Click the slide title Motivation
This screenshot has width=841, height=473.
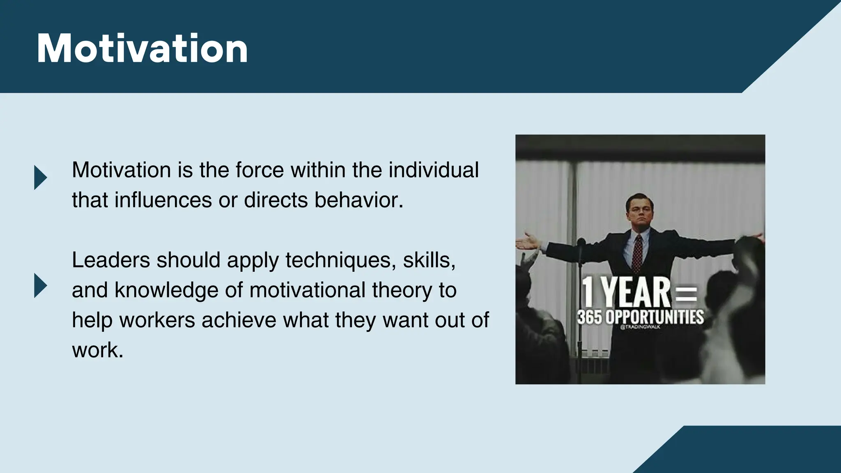(142, 49)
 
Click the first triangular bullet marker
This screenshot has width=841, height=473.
(40, 177)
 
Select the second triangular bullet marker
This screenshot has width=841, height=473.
(40, 285)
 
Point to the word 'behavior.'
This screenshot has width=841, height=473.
(359, 200)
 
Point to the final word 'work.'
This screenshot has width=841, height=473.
(97, 350)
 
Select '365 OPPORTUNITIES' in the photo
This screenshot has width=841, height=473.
(640, 317)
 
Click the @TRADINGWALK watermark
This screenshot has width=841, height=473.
(640, 327)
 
